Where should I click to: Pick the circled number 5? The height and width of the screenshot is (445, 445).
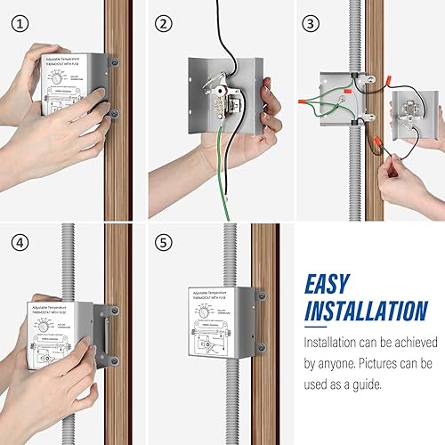162,242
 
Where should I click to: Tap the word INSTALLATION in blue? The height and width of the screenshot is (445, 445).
365,311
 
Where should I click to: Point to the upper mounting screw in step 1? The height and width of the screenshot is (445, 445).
113,63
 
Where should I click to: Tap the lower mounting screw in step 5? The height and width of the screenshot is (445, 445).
261,348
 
